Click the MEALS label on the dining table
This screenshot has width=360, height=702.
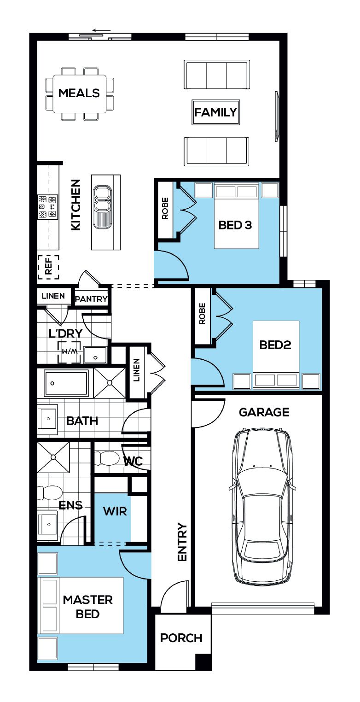click(79, 93)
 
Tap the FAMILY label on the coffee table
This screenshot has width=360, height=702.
click(215, 112)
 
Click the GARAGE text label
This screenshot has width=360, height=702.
click(264, 412)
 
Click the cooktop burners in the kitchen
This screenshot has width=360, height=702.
click(47, 207)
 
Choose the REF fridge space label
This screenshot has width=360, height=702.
click(48, 267)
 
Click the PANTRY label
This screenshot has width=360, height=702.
click(91, 299)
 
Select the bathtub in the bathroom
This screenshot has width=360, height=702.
click(66, 383)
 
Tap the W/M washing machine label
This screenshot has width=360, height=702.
click(69, 351)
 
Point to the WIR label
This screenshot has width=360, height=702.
click(115, 511)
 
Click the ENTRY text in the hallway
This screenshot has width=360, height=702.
click(182, 542)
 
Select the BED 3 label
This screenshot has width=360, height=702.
click(235, 225)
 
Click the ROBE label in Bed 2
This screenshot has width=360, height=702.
click(202, 313)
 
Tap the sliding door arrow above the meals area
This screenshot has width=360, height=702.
click(102, 30)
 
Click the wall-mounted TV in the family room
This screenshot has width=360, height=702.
click(276, 116)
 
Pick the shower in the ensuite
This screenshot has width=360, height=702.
click(53, 457)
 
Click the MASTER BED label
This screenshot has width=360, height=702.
click(88, 607)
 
